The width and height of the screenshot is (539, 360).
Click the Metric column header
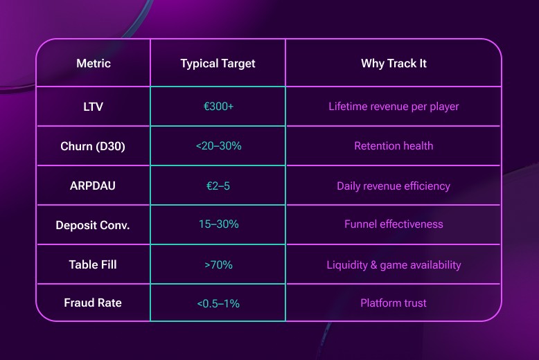tap(93, 64)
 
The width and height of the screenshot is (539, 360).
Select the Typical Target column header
tap(218, 64)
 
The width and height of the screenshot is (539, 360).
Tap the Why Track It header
tap(394, 64)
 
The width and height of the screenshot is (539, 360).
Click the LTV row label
tap(93, 107)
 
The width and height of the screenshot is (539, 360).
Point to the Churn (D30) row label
tap(93, 146)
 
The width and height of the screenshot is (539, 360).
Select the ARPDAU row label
tap(93, 186)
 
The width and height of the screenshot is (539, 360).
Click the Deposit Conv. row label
tap(93, 225)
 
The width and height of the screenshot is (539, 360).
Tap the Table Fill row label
tap(93, 264)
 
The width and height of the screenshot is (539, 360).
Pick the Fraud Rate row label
tap(93, 303)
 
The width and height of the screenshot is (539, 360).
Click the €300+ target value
tap(218, 107)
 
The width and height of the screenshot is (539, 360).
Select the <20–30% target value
tap(218, 146)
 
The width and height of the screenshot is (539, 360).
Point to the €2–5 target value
tap(218, 186)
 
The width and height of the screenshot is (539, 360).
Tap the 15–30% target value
tap(218, 224)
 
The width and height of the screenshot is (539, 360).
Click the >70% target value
tap(218, 264)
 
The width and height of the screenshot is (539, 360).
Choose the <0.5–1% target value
tap(218, 303)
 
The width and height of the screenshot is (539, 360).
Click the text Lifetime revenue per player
tap(394, 107)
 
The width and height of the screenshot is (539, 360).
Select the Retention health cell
tap(394, 146)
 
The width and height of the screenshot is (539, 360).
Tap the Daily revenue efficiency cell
tap(394, 186)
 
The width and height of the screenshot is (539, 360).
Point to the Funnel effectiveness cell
tap(394, 224)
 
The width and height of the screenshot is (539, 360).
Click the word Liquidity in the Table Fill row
tap(346, 264)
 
